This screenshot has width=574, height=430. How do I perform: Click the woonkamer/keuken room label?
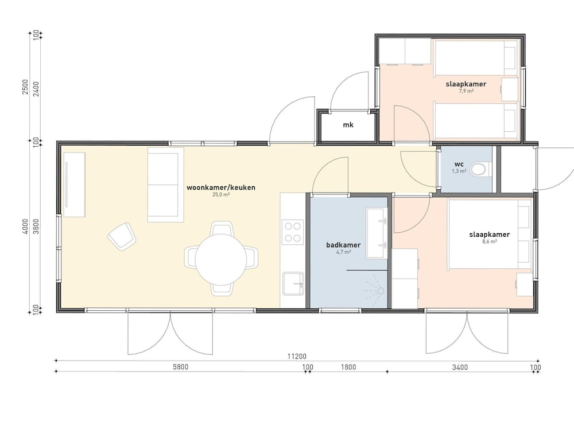[x=221, y=187]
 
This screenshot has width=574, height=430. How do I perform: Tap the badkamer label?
[x=343, y=245]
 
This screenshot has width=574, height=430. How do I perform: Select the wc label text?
[x=459, y=164]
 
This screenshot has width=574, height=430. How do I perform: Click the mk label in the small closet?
[x=348, y=125]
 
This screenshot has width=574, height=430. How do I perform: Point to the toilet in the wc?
[x=479, y=169]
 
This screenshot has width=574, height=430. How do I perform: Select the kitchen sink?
[x=293, y=283]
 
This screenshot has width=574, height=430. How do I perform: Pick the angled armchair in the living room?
[x=122, y=237]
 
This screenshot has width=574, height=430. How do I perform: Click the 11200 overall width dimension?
[x=297, y=356]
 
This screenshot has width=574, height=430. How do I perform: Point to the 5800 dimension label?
[x=180, y=367]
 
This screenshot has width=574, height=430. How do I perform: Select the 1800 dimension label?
[x=348, y=367]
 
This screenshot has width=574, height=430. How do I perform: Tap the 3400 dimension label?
[x=460, y=367]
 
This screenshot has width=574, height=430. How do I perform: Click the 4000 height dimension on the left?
[x=25, y=226]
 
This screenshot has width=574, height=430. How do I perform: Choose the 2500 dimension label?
[x=25, y=87]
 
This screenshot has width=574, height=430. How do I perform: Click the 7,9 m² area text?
[x=466, y=91]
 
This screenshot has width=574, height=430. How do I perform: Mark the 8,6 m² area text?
[x=490, y=241]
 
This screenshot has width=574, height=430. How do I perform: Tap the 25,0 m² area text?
[x=221, y=194]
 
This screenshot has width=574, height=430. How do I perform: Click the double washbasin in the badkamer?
[x=377, y=233]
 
